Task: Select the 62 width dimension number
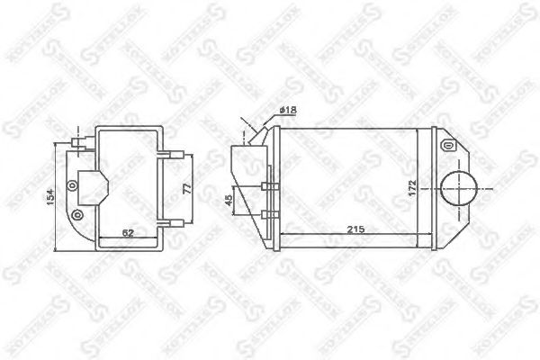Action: [x=129, y=233]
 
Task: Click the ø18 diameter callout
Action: [x=288, y=110]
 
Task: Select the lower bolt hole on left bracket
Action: [x=76, y=214]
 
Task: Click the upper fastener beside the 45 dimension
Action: [x=267, y=187]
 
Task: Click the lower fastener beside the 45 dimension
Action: [x=267, y=214]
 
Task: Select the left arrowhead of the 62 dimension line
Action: [x=100, y=238]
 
